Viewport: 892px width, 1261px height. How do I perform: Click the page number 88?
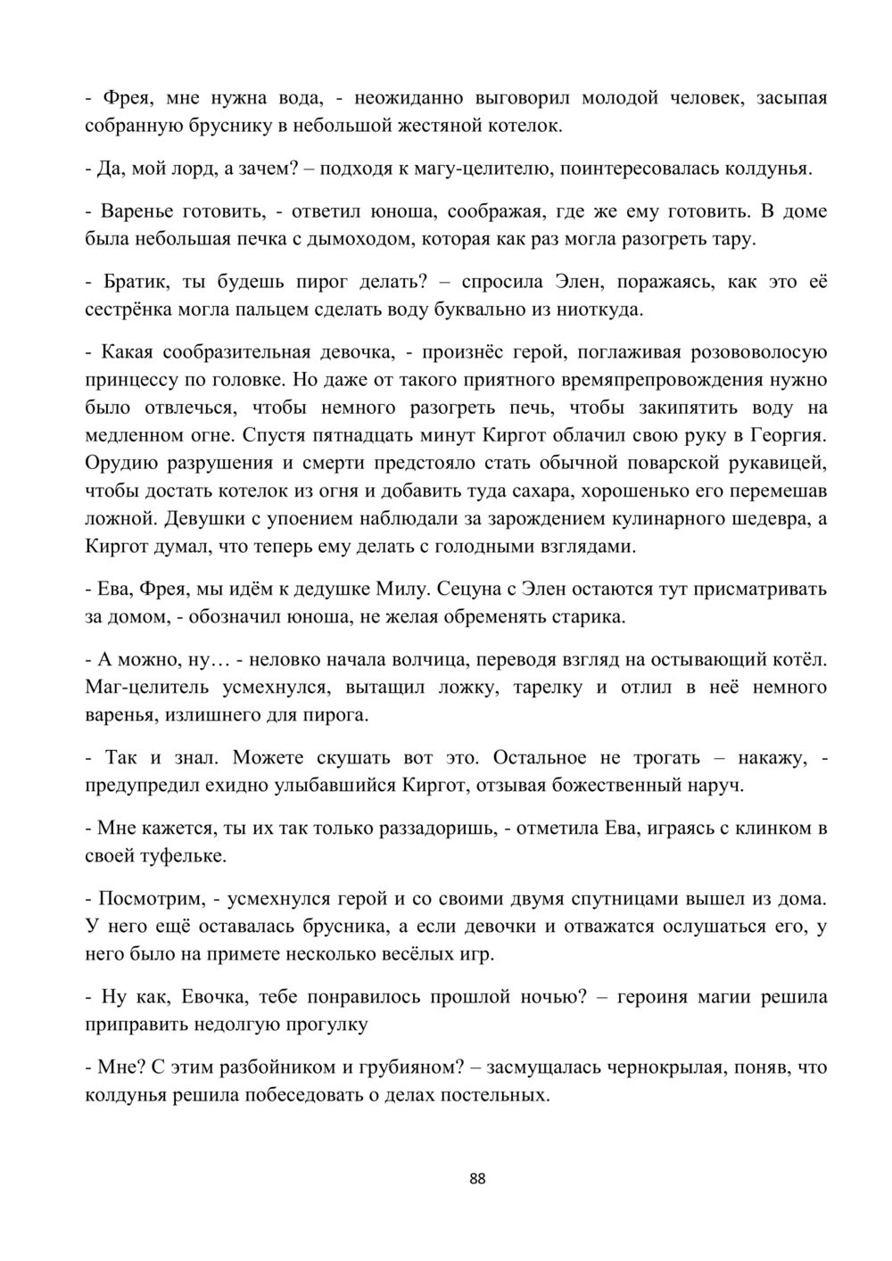[x=477, y=1179]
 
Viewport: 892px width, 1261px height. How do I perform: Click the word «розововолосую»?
[x=746, y=352]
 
